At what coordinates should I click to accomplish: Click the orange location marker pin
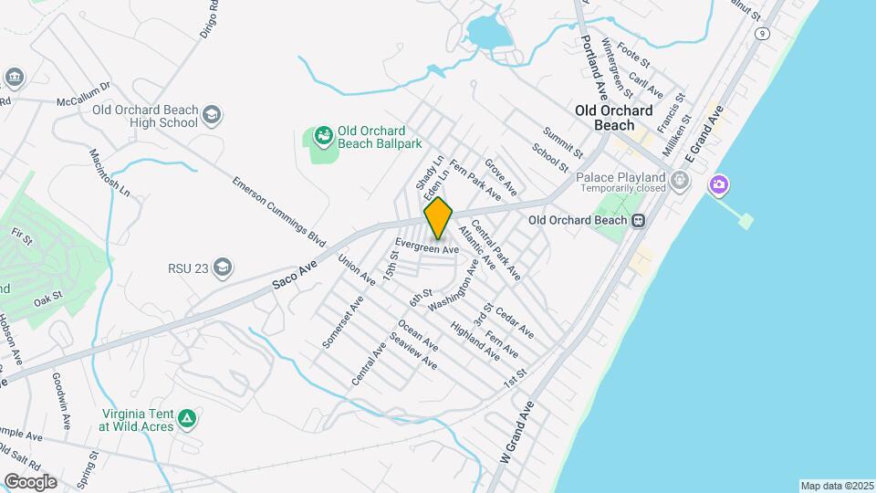point(439,218)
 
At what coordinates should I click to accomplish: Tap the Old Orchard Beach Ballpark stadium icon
point(323,137)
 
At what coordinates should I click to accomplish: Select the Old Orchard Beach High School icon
point(212,116)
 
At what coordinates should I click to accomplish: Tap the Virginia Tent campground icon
point(187,418)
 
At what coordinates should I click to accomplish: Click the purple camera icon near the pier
point(719,185)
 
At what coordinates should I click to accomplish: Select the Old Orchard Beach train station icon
point(640,220)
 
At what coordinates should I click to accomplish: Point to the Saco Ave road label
point(294,274)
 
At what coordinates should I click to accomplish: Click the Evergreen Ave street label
point(426,247)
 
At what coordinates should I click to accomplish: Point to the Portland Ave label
point(595,69)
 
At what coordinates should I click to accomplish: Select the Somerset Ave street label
point(343,321)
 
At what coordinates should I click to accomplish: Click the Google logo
point(30,481)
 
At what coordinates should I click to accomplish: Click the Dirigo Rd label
point(208,17)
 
